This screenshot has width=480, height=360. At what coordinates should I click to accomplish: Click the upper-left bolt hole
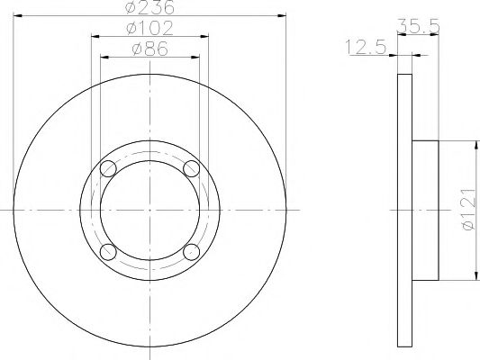[x=108, y=168]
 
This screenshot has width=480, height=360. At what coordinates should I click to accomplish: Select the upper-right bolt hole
[x=191, y=168]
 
